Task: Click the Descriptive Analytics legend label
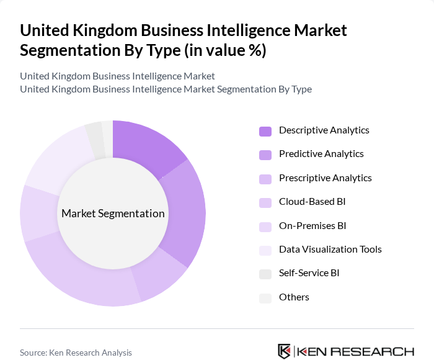[324, 130]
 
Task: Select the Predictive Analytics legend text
[321, 154]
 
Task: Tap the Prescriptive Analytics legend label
[325, 178]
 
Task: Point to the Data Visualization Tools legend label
[330, 250]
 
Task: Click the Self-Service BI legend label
[309, 273]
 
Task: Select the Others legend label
[294, 297]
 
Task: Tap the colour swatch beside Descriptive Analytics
[265, 131]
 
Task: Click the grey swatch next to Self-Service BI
[265, 274]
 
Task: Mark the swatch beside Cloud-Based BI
[265, 202]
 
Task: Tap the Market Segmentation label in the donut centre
[113, 214]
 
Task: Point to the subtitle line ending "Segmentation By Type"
[166, 89]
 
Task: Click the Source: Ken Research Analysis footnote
[76, 353]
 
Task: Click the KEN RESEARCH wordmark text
[356, 352]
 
